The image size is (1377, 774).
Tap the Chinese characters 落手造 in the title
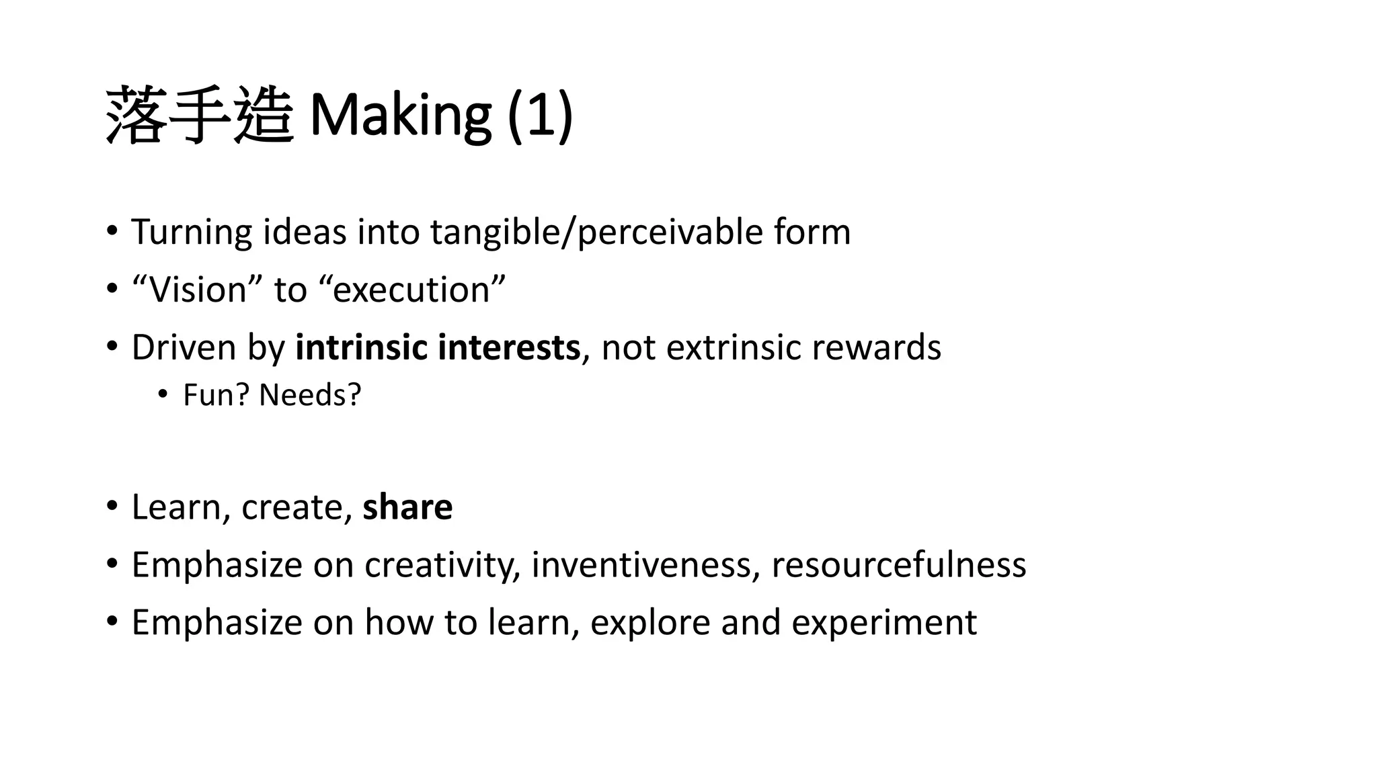[x=200, y=114]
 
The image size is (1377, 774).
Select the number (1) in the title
[x=540, y=114]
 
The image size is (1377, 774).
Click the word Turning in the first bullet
[x=192, y=232]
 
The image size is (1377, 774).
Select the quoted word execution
[x=411, y=290]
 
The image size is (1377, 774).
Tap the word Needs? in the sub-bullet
[x=310, y=395]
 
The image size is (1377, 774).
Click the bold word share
[x=407, y=507]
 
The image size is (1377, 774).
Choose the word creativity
[x=442, y=564]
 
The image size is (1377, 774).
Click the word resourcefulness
[x=898, y=564]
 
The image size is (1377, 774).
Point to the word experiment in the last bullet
[x=883, y=622]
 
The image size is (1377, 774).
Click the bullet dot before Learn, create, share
[x=112, y=505]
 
